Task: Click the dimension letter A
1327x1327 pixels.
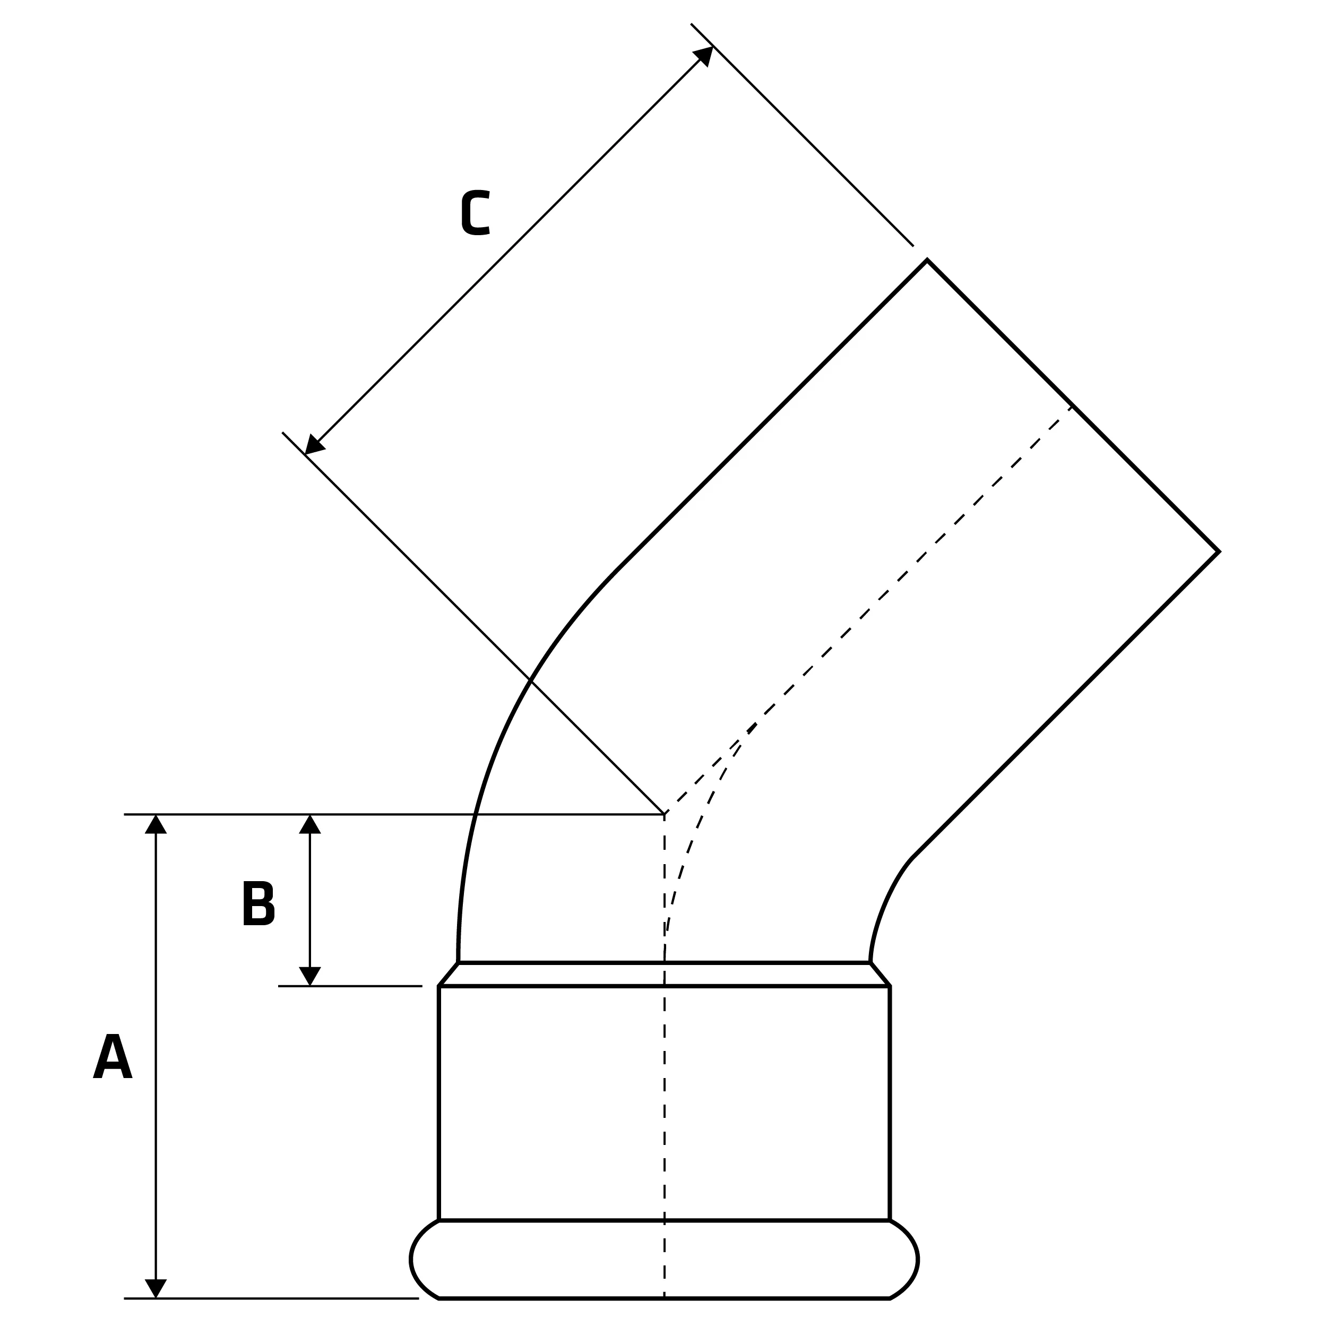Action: (113, 1056)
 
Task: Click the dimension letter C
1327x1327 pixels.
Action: (475, 212)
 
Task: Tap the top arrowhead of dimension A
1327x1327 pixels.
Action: (156, 824)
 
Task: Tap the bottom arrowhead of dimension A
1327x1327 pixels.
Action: (156, 1289)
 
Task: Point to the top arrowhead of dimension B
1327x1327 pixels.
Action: (310, 824)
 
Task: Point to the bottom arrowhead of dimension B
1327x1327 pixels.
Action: (310, 976)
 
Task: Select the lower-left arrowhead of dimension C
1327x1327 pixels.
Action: (313, 445)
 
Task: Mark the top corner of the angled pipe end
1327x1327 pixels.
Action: (927, 260)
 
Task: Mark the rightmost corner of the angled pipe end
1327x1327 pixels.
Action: (1219, 552)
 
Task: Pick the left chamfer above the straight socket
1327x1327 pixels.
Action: (449, 975)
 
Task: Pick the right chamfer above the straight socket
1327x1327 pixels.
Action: (880, 975)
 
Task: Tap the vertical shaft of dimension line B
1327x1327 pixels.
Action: (310, 900)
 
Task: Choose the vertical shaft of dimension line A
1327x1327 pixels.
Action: (156, 1056)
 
